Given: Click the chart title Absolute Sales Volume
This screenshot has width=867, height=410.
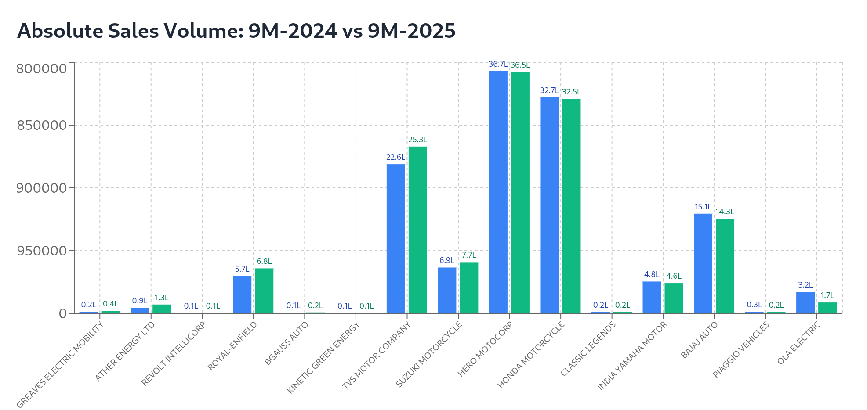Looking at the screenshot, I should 236,31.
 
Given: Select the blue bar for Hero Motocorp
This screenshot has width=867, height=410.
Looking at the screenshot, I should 498,192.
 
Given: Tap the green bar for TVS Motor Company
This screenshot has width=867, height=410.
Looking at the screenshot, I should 417,230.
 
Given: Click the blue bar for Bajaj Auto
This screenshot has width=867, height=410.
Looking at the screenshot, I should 703,263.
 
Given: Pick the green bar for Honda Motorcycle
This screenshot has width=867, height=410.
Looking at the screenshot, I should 571,206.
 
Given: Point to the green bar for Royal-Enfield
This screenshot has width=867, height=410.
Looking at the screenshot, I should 264,291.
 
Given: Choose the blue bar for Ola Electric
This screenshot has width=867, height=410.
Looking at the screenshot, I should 805,302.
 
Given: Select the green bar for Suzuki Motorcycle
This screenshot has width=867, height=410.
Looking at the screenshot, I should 469,288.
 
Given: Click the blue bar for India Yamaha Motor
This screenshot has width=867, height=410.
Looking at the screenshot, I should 652,297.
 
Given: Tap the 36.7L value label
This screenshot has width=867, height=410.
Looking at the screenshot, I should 498,65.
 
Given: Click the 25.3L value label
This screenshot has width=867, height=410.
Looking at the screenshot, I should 417,140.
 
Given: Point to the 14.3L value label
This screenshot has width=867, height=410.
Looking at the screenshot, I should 725,212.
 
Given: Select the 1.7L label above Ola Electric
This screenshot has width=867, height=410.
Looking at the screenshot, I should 827,296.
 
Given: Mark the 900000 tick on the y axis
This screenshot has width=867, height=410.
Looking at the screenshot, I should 42,188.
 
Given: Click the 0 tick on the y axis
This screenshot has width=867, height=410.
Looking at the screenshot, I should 63,313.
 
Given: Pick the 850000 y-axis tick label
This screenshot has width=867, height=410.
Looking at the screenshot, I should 42,126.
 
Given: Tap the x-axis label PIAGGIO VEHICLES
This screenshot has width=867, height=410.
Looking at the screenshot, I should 741,349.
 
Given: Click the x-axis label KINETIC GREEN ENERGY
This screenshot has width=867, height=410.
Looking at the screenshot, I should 323,357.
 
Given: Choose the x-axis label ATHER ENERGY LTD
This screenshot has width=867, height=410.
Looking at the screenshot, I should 125,351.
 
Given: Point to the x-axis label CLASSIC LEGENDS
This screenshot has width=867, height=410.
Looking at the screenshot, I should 588,349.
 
